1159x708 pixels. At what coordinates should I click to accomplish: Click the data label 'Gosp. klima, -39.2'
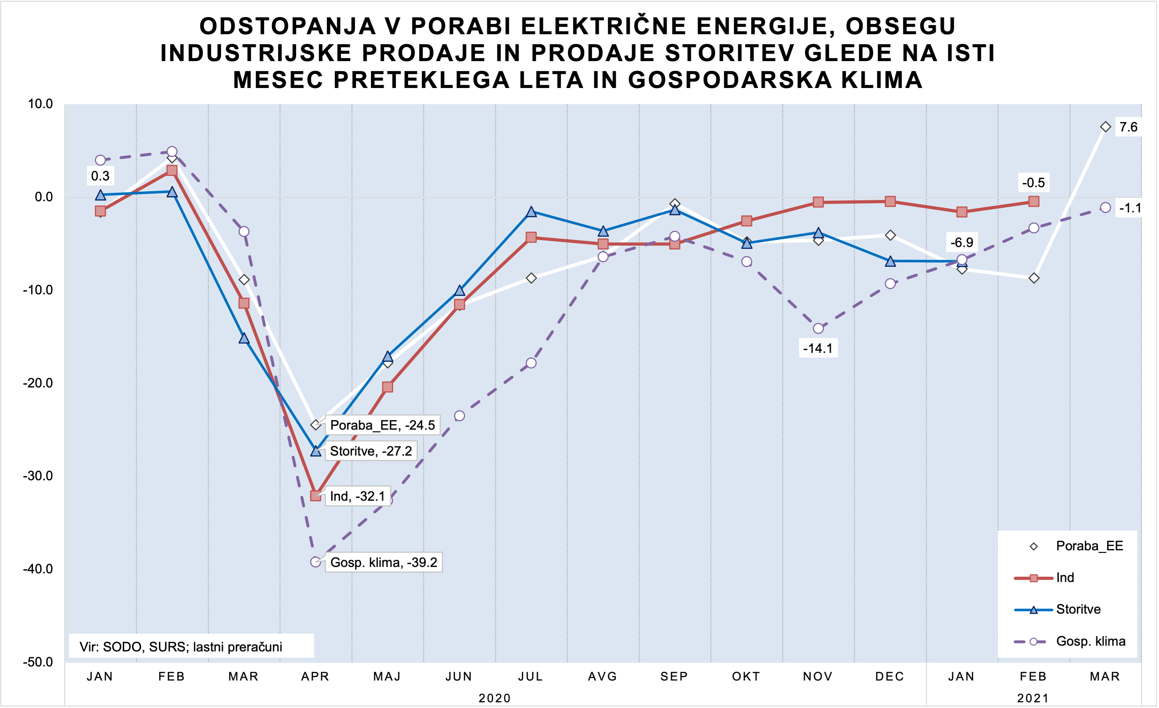[x=383, y=562]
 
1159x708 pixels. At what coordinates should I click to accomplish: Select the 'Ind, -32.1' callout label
[x=357, y=496]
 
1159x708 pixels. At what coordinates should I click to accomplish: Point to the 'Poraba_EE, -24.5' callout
[x=382, y=425]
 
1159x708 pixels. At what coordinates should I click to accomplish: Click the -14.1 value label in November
[x=818, y=348]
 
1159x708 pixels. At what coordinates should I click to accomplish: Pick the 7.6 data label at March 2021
[x=1128, y=127]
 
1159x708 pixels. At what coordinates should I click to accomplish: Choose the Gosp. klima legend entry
[x=1090, y=641]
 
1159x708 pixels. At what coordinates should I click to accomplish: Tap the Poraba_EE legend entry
[x=1089, y=546]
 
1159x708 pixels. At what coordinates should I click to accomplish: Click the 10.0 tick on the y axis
[x=41, y=104]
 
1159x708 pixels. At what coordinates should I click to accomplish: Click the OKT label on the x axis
[x=746, y=676]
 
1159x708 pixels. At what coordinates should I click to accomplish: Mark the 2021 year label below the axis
[x=1033, y=698]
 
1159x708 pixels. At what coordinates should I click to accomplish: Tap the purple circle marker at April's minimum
[x=316, y=562]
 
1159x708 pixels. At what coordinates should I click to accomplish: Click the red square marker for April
[x=316, y=496]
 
